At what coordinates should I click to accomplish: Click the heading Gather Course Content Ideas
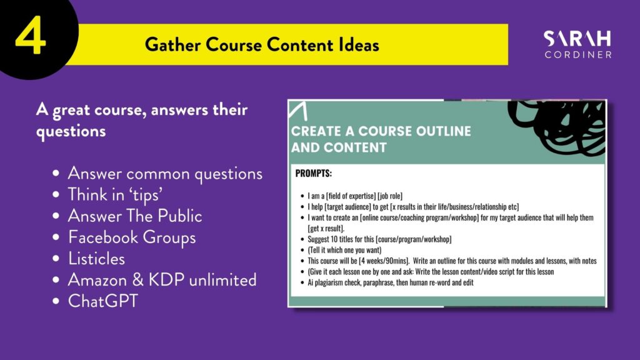pyautogui.click(x=262, y=45)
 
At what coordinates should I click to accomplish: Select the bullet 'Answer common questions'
pyautogui.click(x=164, y=172)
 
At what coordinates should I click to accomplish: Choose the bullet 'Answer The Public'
pyautogui.click(x=134, y=216)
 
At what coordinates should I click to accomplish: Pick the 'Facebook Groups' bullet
pyautogui.click(x=131, y=237)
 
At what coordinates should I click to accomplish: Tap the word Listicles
pyautogui.click(x=96, y=259)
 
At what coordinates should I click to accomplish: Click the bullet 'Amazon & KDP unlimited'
pyautogui.click(x=162, y=280)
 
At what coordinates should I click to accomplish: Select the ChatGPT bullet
pyautogui.click(x=102, y=301)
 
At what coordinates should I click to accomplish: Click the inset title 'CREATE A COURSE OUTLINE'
pyautogui.click(x=381, y=132)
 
